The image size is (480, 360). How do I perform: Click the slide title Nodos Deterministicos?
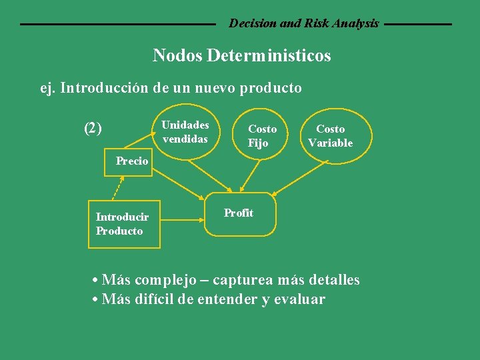[x=241, y=55]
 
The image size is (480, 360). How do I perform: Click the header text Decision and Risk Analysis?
[x=304, y=23]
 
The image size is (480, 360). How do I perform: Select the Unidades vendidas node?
[x=185, y=132]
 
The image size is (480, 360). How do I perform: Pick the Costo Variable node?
[x=330, y=135]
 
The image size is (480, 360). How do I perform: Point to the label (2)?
[x=93, y=128]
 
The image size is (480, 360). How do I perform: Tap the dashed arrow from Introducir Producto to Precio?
[x=118, y=187]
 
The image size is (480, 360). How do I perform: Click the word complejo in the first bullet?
[x=157, y=280]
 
